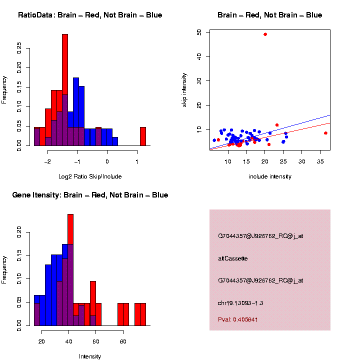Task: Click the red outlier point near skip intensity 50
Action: point(265,34)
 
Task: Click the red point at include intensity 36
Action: point(325,133)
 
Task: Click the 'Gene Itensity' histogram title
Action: point(90,195)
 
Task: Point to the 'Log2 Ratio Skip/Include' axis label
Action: point(90,176)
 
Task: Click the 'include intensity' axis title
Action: point(270,176)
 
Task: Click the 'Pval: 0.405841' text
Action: point(238,319)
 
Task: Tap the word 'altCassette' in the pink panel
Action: point(233,258)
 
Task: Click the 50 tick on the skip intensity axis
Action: point(199,32)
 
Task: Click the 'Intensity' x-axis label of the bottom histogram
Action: point(90,356)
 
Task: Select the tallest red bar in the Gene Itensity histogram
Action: point(70,230)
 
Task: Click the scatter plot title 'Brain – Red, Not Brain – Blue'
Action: point(270,15)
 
